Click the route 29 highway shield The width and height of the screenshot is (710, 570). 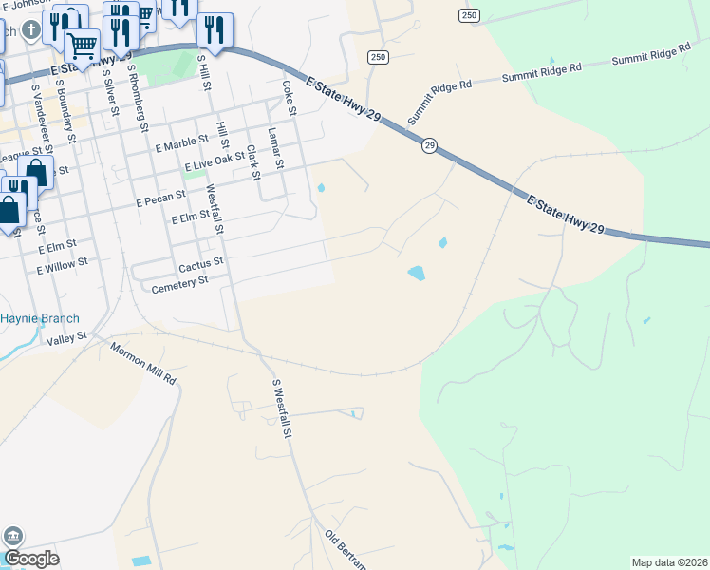pos(430,145)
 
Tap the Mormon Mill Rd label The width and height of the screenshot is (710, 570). pos(142,364)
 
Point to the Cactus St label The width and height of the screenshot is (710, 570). pos(199,260)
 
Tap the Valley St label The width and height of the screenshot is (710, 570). pos(67,336)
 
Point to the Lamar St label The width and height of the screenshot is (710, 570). pos(275,147)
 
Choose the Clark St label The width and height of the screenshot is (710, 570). pos(252,161)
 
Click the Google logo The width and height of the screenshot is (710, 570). pos(31,559)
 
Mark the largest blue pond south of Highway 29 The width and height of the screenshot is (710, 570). pos(416,274)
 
